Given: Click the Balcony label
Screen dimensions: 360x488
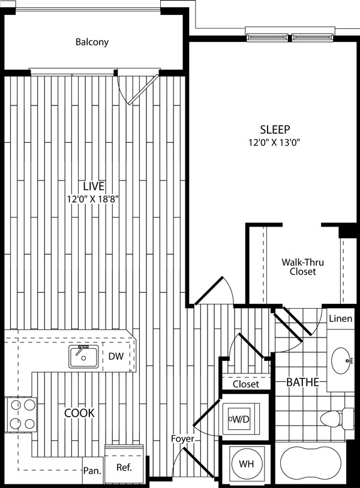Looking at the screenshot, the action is tap(92, 42).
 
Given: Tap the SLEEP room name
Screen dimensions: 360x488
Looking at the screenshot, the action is tap(275, 129).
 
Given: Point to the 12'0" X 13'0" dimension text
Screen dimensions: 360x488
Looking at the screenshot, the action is tap(274, 143).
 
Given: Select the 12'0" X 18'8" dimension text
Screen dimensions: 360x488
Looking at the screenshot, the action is tap(94, 199).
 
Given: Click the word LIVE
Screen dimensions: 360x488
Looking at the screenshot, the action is tap(94, 186).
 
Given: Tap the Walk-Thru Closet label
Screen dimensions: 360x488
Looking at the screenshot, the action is tap(302, 267).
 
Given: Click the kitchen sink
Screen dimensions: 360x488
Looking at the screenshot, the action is tap(84, 357).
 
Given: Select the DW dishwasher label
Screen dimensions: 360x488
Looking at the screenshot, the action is tap(116, 356).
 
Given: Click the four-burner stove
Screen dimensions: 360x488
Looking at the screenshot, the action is tap(21, 414).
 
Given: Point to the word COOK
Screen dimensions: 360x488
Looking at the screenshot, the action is tap(79, 413).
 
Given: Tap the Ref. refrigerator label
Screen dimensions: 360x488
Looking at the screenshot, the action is tap(124, 467).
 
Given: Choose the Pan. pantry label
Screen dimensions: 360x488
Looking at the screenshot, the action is tap(92, 471).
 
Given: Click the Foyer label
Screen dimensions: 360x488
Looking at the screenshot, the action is tap(182, 439).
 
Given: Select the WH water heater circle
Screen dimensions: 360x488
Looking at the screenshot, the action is tap(247, 464).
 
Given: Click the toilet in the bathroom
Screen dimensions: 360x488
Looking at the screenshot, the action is tap(337, 417).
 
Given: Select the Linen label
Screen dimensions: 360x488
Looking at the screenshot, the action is tap(341, 318).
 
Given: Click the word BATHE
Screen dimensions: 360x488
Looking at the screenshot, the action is tap(302, 382).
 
